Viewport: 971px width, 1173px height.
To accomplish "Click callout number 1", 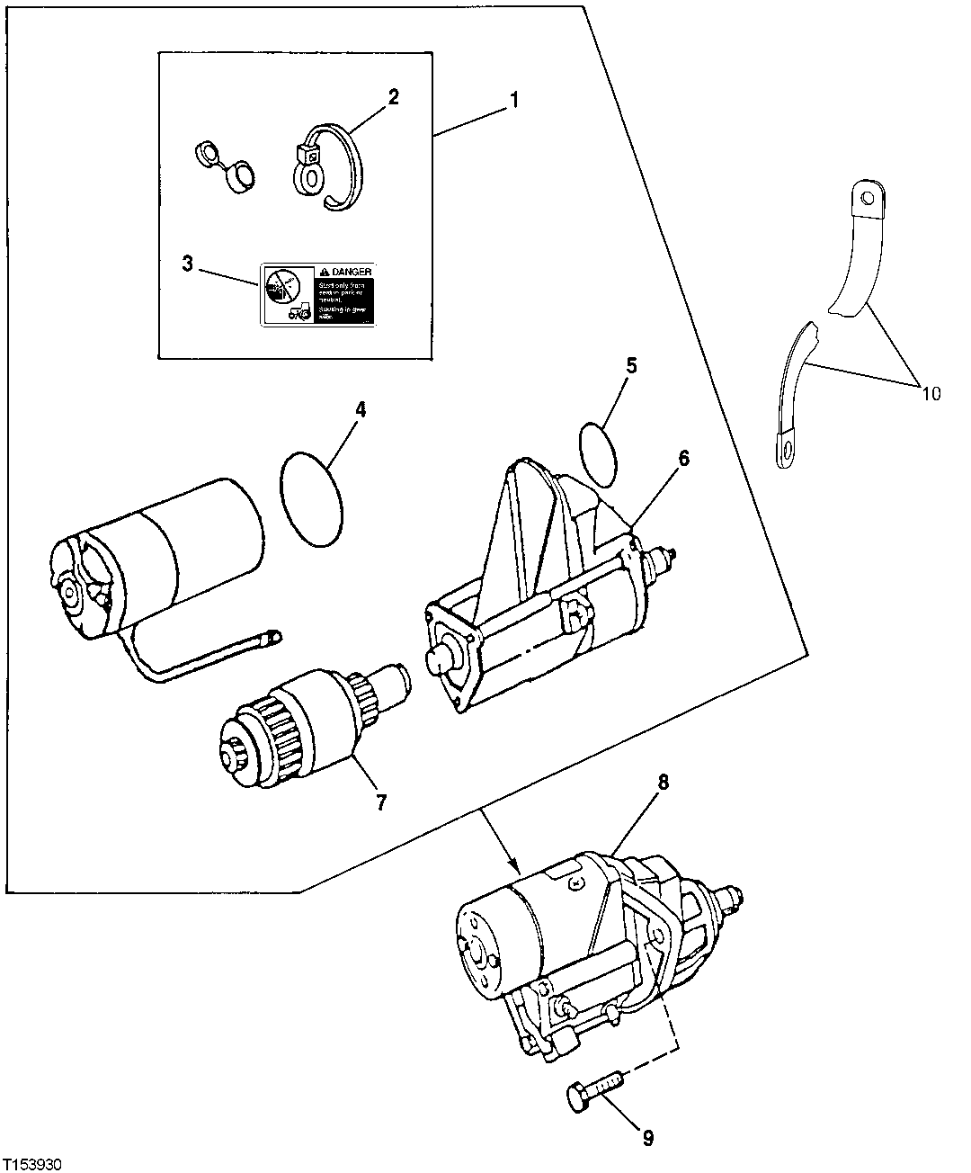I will point(514,99).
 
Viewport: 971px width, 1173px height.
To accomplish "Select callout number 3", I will point(187,264).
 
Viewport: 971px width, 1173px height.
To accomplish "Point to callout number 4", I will point(360,409).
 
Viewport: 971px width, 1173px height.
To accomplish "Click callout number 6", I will point(683,459).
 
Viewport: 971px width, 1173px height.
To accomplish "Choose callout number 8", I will point(663,782).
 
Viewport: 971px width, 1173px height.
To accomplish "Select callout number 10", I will point(930,393).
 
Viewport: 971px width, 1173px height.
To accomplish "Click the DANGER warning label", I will point(316,294).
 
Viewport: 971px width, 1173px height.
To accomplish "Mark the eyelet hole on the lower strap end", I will point(787,444).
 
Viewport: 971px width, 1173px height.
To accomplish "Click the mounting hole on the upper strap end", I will point(865,195).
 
